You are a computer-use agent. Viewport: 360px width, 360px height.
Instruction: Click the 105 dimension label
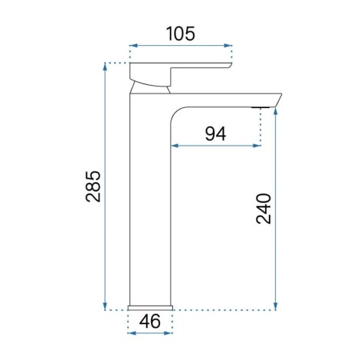(x=181, y=34)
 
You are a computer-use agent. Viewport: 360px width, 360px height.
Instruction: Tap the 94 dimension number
(x=215, y=134)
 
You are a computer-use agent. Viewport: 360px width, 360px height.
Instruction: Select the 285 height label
(x=93, y=186)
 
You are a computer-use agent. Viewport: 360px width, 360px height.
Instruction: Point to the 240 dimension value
(x=263, y=208)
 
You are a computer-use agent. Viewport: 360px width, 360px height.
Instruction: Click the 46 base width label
(x=150, y=321)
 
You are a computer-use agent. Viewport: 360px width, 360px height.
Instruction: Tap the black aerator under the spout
(x=260, y=107)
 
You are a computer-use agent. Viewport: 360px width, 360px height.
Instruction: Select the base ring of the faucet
(x=150, y=308)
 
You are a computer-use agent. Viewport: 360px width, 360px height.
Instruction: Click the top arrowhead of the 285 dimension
(x=105, y=66)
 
